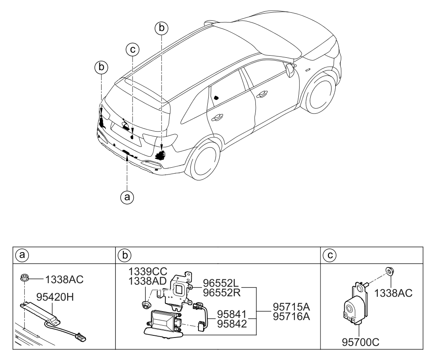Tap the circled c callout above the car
tap(133, 50)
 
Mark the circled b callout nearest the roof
tap(161, 28)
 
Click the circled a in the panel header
tap(20, 256)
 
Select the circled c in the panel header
tap(327, 256)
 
